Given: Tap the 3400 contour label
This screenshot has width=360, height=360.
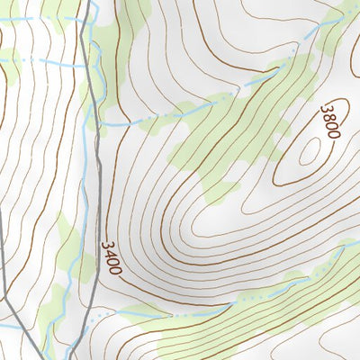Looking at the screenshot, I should coord(111,257).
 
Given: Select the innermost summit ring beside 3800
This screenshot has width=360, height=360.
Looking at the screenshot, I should coord(309,153).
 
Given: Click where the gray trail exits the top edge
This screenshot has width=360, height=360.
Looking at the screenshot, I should coord(89,3).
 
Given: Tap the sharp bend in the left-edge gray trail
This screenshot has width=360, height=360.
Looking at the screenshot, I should coord(4,297).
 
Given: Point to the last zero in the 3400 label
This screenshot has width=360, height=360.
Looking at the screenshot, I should coord(113,269).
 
